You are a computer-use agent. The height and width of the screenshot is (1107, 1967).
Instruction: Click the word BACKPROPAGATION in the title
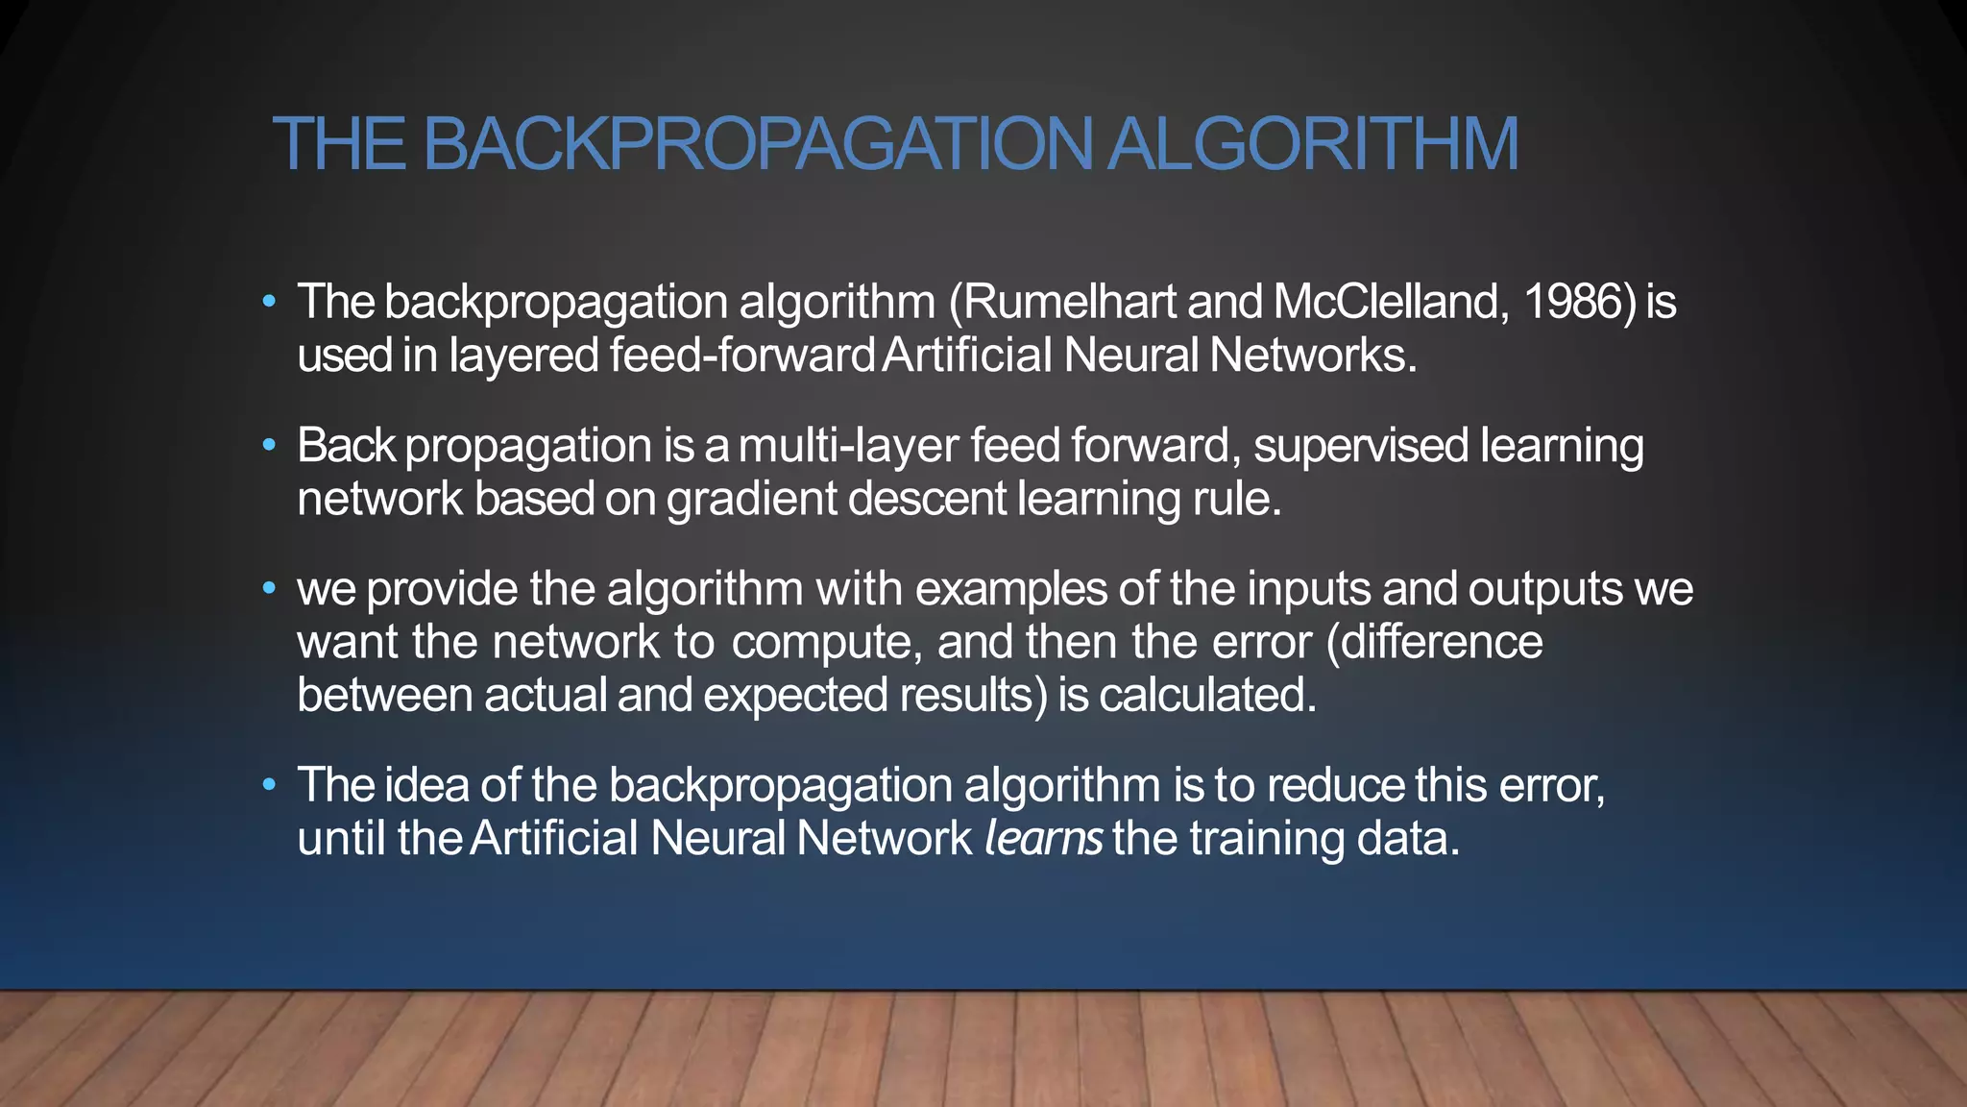click(x=758, y=144)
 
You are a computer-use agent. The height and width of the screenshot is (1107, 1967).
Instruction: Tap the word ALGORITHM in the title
click(x=1313, y=144)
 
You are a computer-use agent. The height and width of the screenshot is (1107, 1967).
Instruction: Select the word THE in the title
click(x=339, y=144)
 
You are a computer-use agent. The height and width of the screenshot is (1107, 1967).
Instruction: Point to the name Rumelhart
click(x=1070, y=302)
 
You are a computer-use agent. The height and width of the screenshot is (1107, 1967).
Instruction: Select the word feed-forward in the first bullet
click(x=741, y=355)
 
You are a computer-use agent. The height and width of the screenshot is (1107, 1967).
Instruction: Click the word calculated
click(x=1207, y=695)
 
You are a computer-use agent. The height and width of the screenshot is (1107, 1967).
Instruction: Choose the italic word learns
click(x=1044, y=838)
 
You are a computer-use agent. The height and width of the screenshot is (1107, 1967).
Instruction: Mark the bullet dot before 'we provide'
click(x=270, y=588)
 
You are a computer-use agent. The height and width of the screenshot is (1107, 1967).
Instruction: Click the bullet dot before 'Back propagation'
click(x=270, y=445)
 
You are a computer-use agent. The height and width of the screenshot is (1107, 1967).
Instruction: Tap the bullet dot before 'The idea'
click(x=270, y=785)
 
